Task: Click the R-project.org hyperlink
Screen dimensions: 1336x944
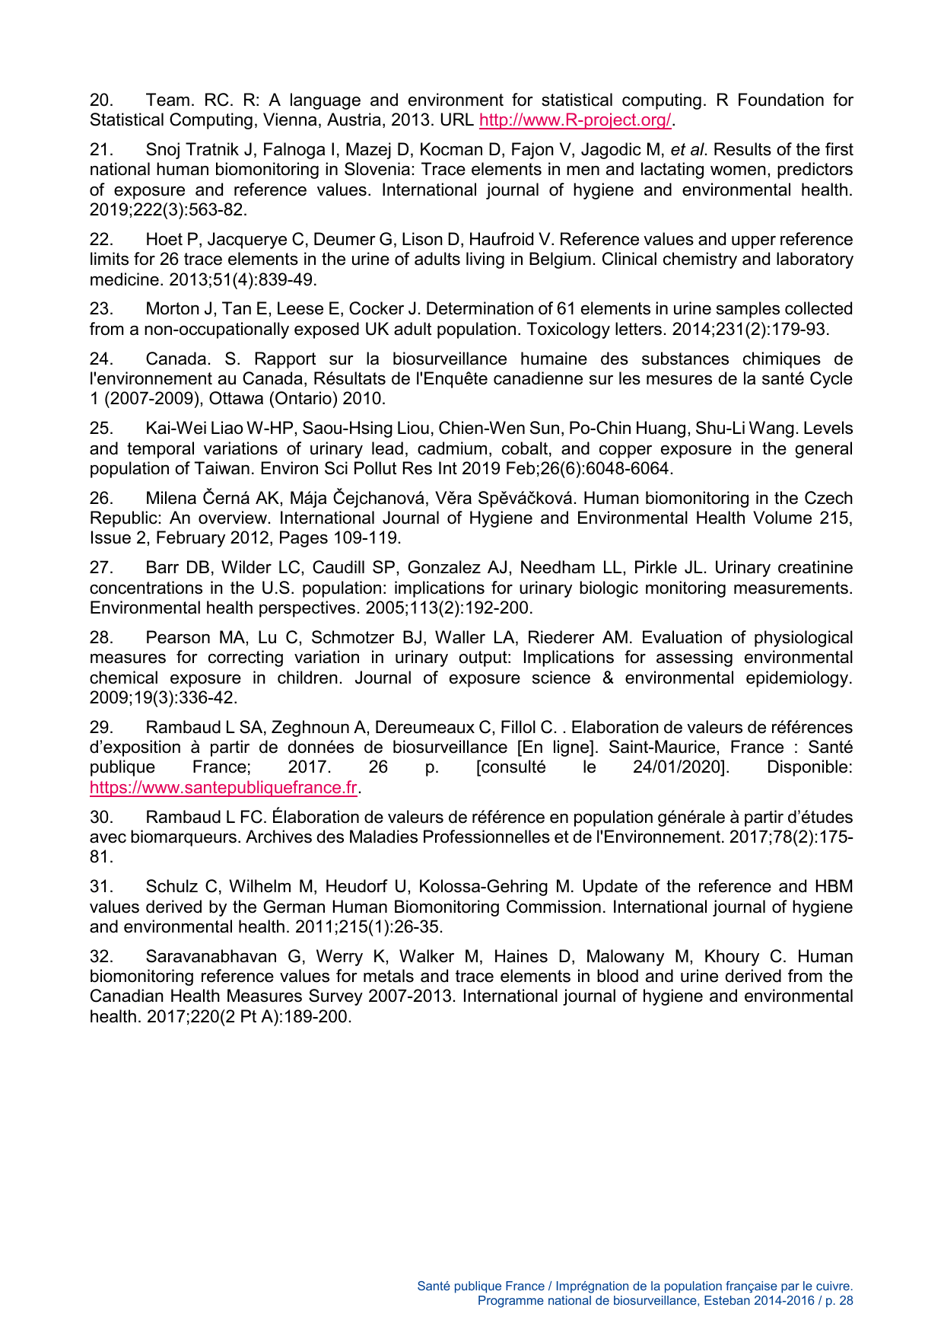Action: pyautogui.click(x=575, y=120)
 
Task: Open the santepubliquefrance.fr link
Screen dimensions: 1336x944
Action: pyautogui.click(x=223, y=787)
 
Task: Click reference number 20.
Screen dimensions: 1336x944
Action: pyautogui.click(x=101, y=100)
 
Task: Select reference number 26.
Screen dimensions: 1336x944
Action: pyautogui.click(x=101, y=499)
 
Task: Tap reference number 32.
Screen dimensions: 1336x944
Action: pyautogui.click(x=101, y=957)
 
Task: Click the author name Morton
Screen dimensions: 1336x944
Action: pyautogui.click(x=173, y=309)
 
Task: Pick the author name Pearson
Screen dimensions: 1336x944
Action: pyautogui.click(x=177, y=638)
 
